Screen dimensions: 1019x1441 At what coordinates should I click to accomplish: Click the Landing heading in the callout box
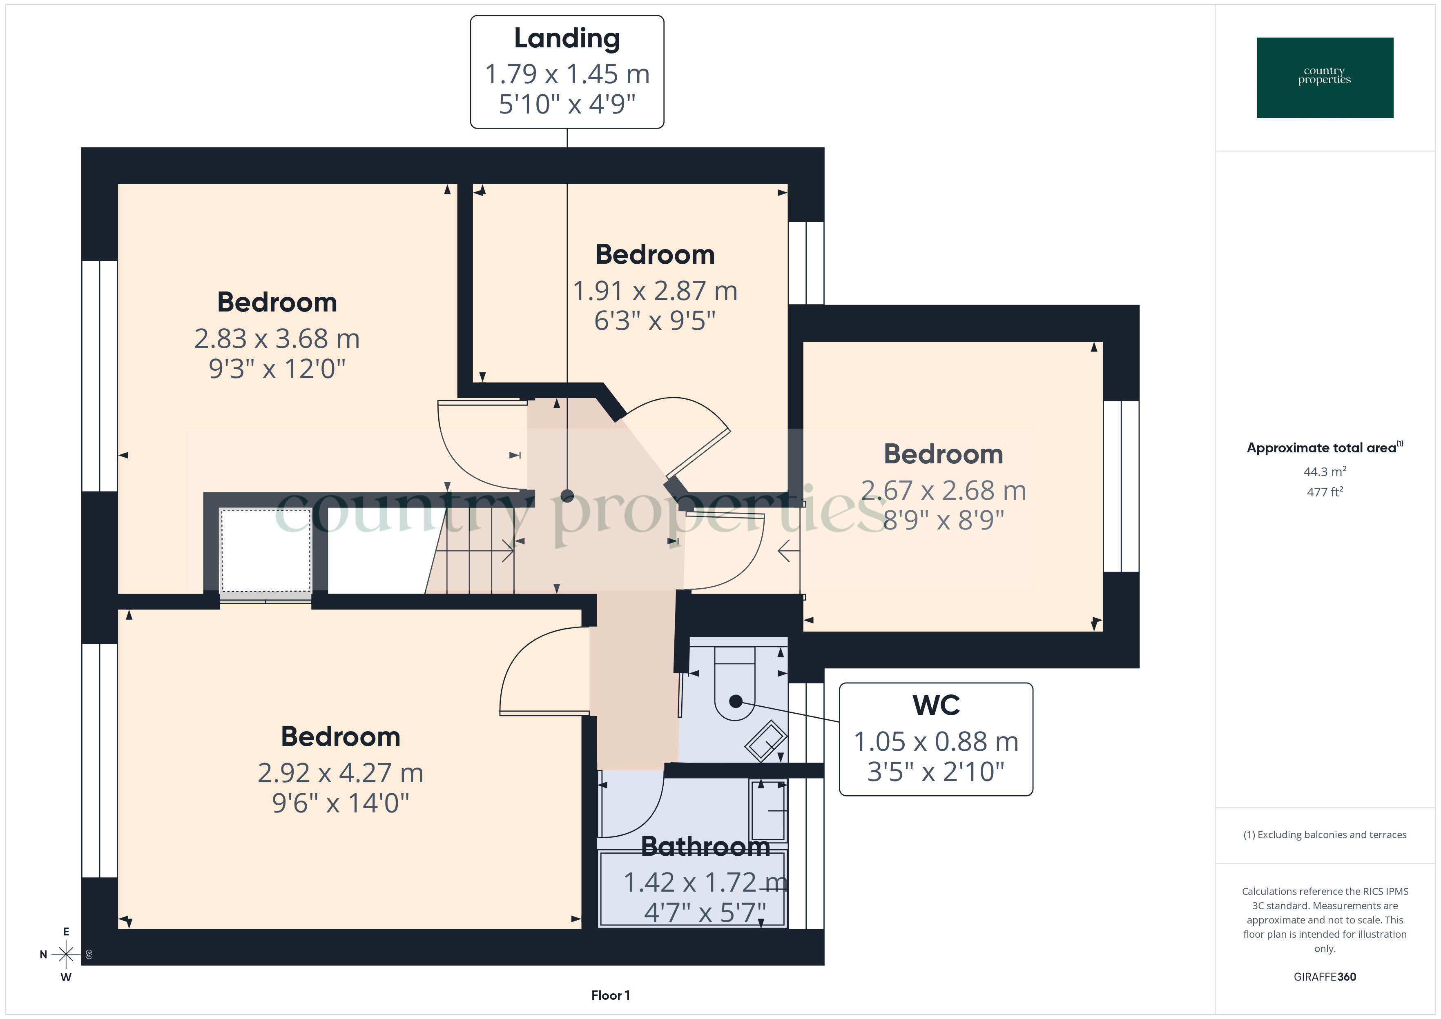coord(567,38)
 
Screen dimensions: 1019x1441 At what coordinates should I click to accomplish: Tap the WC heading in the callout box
coord(936,705)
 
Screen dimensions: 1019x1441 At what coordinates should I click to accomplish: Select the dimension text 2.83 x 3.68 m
coord(277,339)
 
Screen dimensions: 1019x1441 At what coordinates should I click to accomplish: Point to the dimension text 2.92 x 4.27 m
coord(340,773)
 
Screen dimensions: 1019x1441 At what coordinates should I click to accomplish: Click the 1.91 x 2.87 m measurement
coord(655,291)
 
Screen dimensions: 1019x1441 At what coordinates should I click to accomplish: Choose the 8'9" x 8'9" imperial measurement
coord(943,520)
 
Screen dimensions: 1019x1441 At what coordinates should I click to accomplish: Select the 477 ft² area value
coord(1324,492)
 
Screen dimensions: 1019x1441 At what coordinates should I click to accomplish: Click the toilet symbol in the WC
coord(735,690)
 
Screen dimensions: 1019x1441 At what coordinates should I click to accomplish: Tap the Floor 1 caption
coord(610,995)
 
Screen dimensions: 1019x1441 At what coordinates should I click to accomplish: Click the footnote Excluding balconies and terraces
coord(1324,834)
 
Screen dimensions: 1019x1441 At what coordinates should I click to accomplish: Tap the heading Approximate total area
coord(1321,448)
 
